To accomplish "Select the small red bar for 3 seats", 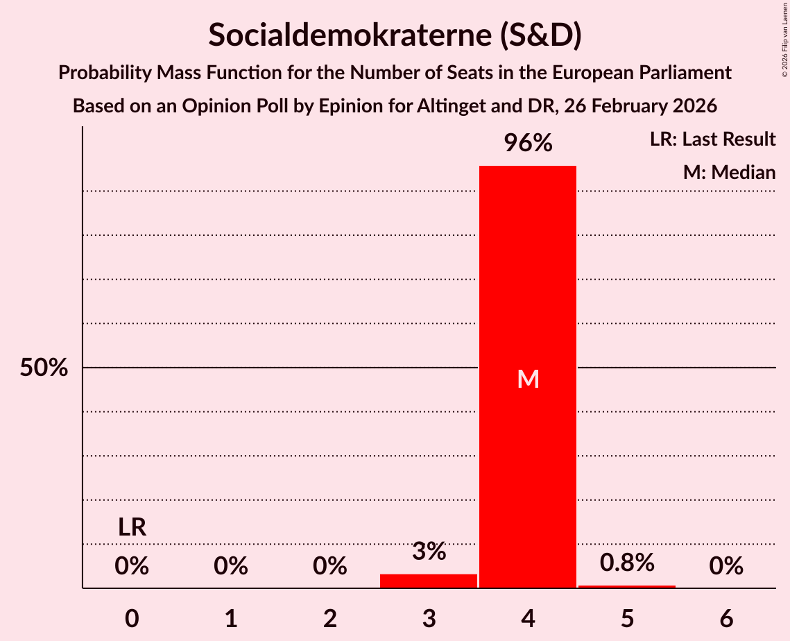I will point(429,581).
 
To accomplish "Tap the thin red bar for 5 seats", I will point(627,587).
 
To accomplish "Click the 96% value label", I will point(528,144).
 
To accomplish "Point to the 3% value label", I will point(429,552).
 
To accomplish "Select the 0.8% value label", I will point(627,563).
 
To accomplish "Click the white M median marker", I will point(528,379).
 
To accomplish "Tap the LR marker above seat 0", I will point(132,527).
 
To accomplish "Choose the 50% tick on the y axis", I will point(44,368).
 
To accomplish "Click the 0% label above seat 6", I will point(726,567).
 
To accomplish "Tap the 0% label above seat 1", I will point(231,567).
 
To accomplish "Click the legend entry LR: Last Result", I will point(712,139).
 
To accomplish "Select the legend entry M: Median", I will point(729,172).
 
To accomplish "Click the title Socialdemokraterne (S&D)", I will point(395,35).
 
